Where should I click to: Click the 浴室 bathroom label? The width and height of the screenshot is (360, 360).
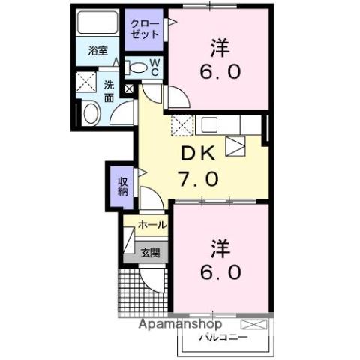pos(98,51)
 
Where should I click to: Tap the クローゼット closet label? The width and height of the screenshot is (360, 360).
pos(145,29)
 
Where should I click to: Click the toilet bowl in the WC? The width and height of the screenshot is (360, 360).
pos(137,67)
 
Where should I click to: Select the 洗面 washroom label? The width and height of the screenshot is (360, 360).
pos(109,91)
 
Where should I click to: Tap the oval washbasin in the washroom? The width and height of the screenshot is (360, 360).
pos(90,113)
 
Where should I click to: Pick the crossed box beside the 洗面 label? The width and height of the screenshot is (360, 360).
pos(88,82)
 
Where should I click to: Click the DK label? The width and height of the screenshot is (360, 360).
pos(199,154)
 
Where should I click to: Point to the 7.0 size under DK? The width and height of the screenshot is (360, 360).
pos(198,180)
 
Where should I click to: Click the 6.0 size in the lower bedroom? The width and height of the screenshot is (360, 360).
pos(220,271)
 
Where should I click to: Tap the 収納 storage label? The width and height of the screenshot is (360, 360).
pos(122,184)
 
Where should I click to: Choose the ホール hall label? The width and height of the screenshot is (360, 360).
pos(152,225)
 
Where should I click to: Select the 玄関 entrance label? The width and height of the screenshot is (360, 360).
pos(150,252)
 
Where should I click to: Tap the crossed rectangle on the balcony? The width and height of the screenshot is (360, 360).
pos(253,325)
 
